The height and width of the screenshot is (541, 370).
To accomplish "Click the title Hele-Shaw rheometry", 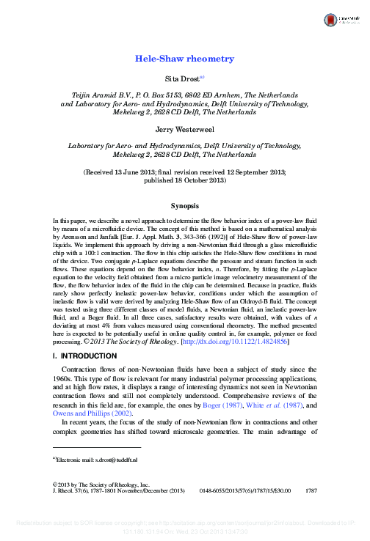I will coord(184,58).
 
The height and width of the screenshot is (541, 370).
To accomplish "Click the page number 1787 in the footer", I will coord(310,491).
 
